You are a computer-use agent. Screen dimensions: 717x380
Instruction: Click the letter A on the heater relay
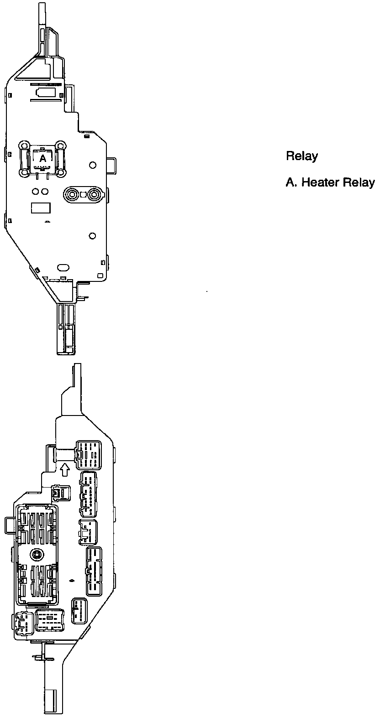click(42, 159)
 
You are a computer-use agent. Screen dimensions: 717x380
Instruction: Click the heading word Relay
click(301, 156)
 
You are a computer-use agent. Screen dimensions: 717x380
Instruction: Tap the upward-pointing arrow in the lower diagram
click(64, 469)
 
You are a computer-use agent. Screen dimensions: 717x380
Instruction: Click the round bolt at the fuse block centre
click(36, 555)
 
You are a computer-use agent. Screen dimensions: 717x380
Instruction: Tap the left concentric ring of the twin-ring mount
click(72, 195)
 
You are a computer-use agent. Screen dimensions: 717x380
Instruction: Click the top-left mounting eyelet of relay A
click(22, 146)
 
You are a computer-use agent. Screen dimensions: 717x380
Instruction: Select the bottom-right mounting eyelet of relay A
click(60, 172)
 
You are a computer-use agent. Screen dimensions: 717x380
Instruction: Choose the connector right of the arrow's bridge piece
click(89, 454)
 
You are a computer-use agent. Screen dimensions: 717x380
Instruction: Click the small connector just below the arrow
click(61, 493)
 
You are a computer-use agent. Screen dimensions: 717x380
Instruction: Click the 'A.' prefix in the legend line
click(291, 182)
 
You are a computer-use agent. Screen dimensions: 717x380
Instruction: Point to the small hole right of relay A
click(92, 165)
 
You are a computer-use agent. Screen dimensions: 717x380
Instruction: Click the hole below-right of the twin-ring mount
click(92, 235)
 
